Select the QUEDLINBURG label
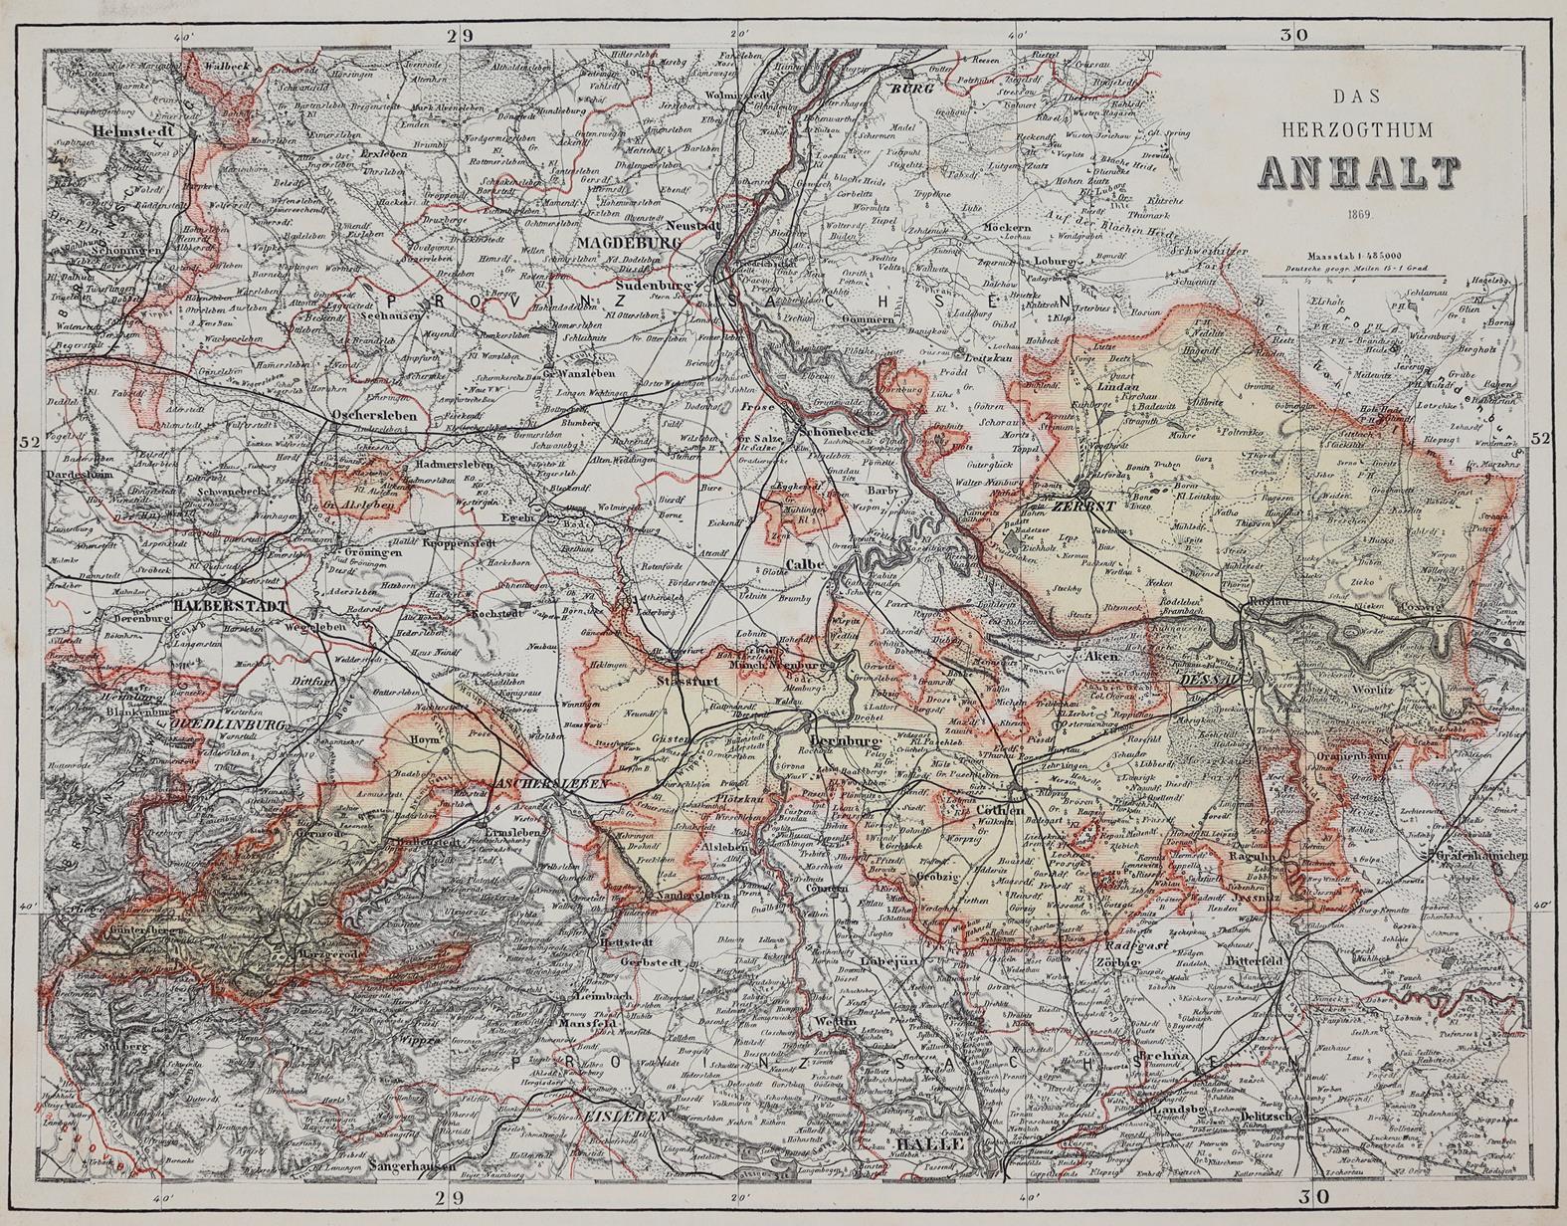tap(230, 724)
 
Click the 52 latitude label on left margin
tap(30, 440)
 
